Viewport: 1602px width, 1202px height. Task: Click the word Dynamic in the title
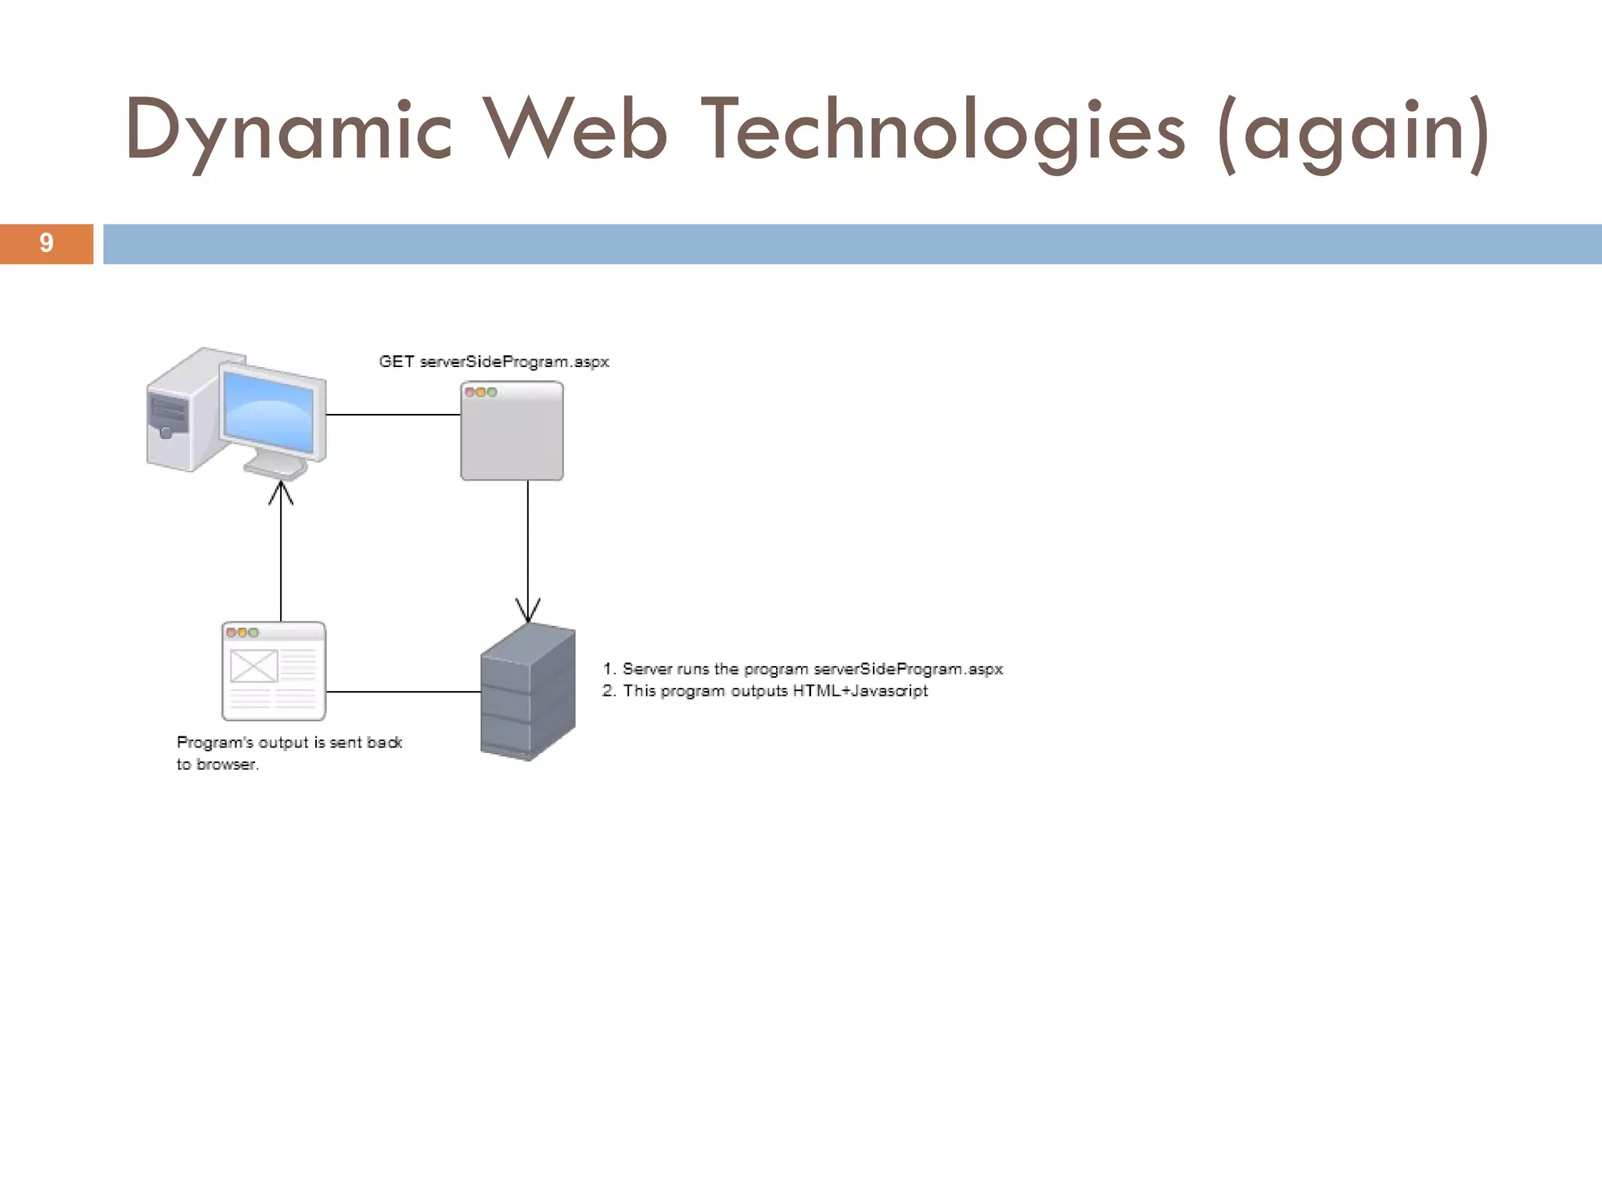pyautogui.click(x=288, y=130)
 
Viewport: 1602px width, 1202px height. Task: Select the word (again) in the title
pyautogui.click(x=1353, y=130)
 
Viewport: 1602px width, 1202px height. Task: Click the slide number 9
pyautogui.click(x=46, y=243)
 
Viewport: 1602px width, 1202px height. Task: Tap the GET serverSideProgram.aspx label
pyautogui.click(x=494, y=362)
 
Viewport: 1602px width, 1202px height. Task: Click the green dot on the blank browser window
pyautogui.click(x=492, y=392)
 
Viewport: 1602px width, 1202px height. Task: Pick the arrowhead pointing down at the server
pyautogui.click(x=528, y=610)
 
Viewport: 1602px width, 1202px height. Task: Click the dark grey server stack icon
pyautogui.click(x=527, y=691)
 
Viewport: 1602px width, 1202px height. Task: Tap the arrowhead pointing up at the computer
pyautogui.click(x=281, y=492)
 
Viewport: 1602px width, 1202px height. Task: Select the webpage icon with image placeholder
pyautogui.click(x=274, y=671)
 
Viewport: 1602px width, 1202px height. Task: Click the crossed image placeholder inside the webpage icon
pyautogui.click(x=253, y=666)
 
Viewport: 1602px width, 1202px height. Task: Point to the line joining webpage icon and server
pyautogui.click(x=403, y=692)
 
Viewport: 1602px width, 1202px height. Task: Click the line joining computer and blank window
pyautogui.click(x=393, y=415)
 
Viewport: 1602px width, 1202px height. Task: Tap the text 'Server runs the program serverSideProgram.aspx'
pyautogui.click(x=812, y=669)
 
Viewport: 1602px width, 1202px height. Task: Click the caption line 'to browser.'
pyautogui.click(x=217, y=765)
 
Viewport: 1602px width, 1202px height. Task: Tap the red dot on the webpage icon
pyautogui.click(x=231, y=632)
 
